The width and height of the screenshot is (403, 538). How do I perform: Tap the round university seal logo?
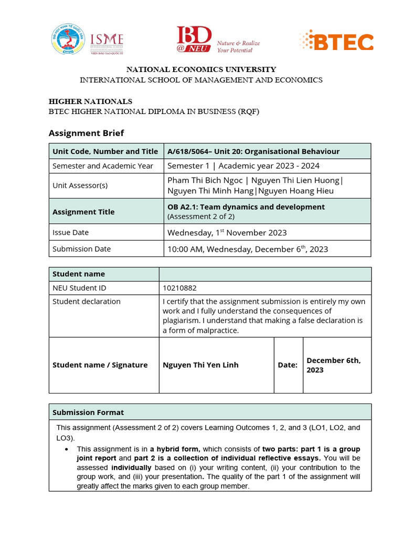click(68, 39)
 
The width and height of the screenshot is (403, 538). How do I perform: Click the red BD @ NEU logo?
click(194, 40)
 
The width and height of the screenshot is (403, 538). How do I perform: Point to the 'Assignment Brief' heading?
click(86, 133)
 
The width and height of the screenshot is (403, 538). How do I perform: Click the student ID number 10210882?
click(180, 288)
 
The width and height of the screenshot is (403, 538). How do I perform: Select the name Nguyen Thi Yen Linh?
click(200, 365)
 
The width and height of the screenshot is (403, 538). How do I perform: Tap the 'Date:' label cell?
click(288, 365)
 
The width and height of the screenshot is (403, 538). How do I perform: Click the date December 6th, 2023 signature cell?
click(333, 365)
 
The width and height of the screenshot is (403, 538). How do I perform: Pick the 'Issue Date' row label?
click(70, 232)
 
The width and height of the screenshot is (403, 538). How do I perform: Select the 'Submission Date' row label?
click(81, 249)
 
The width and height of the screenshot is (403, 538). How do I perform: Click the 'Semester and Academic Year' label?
click(103, 166)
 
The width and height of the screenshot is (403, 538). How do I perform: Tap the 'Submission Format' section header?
click(88, 412)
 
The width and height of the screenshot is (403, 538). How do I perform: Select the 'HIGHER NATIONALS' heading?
click(90, 101)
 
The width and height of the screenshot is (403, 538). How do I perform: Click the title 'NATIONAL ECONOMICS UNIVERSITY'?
click(201, 69)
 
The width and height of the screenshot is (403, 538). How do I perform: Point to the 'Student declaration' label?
click(86, 302)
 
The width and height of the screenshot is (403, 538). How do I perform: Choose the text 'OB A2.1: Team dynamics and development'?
click(246, 207)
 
